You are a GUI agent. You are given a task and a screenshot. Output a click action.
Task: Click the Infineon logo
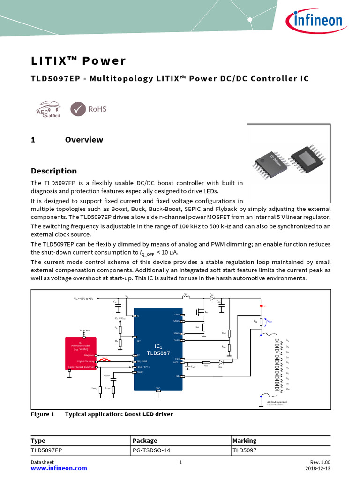pyautogui.click(x=314, y=21)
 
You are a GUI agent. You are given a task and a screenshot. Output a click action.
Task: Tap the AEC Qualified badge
pyautogui.click(x=48, y=109)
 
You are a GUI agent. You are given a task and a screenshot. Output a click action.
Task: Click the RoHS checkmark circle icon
pyautogui.click(x=78, y=109)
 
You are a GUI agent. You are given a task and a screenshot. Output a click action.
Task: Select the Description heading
pyautogui.click(x=53, y=171)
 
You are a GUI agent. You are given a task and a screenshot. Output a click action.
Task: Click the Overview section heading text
pyautogui.click(x=84, y=140)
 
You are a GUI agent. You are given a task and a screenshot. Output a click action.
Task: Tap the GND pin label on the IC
pyautogui.click(x=158, y=388)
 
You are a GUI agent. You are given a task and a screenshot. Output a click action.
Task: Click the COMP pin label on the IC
pyautogui.click(x=139, y=372)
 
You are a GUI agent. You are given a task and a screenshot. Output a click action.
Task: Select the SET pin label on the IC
pyautogui.click(x=138, y=341)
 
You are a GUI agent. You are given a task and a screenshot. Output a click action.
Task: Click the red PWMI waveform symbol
pyautogui.click(x=105, y=359)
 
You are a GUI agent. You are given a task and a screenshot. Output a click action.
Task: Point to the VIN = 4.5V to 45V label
pyautogui.click(x=84, y=299)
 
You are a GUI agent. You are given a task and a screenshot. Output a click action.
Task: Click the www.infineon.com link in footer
pyautogui.click(x=59, y=468)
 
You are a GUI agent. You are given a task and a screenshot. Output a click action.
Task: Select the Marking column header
pyautogui.click(x=244, y=441)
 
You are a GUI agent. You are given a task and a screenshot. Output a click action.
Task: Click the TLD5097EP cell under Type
pyautogui.click(x=46, y=450)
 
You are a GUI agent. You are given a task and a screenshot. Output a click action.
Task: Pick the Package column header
pyautogui.click(x=145, y=441)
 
